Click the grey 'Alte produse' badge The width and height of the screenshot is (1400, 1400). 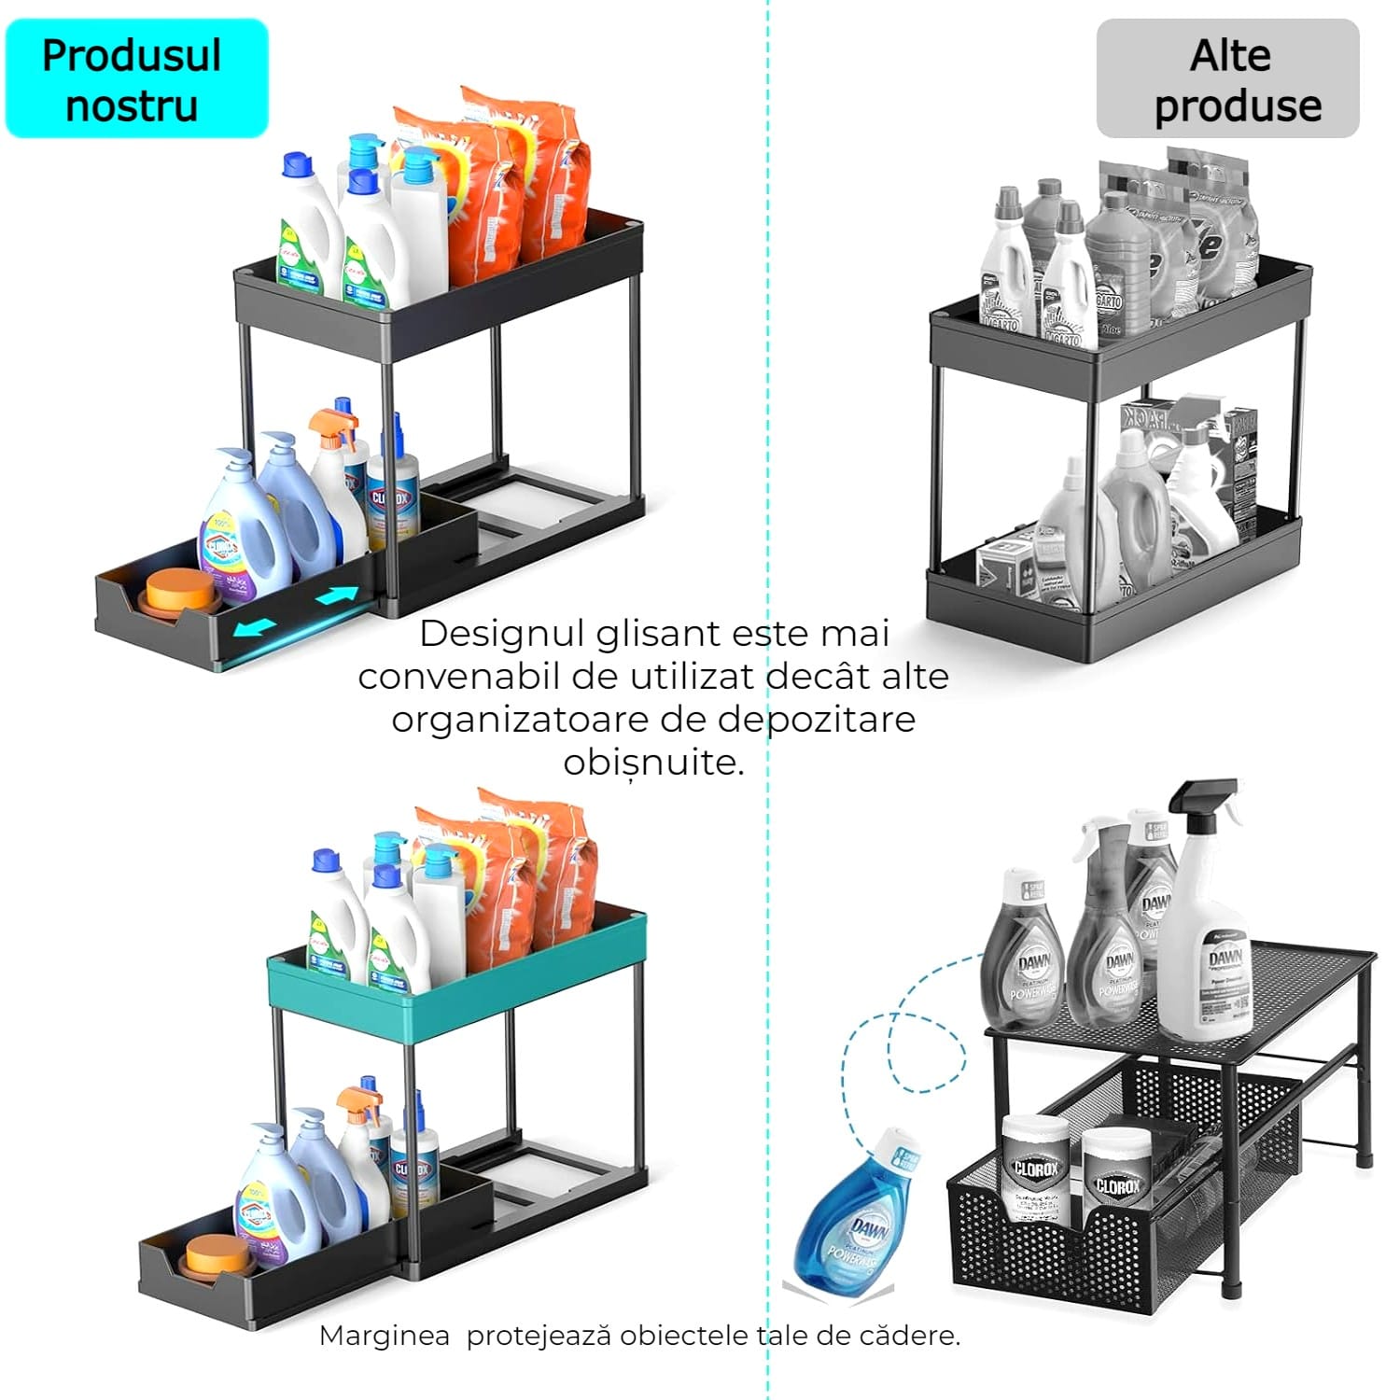(1227, 79)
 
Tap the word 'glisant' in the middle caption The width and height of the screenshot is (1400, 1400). (658, 634)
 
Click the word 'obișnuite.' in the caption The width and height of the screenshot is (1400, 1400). (653, 763)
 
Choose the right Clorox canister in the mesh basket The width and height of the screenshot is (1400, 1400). (1116, 1181)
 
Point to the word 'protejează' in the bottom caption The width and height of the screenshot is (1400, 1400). (539, 1336)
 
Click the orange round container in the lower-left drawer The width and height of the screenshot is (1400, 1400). (216, 1255)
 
